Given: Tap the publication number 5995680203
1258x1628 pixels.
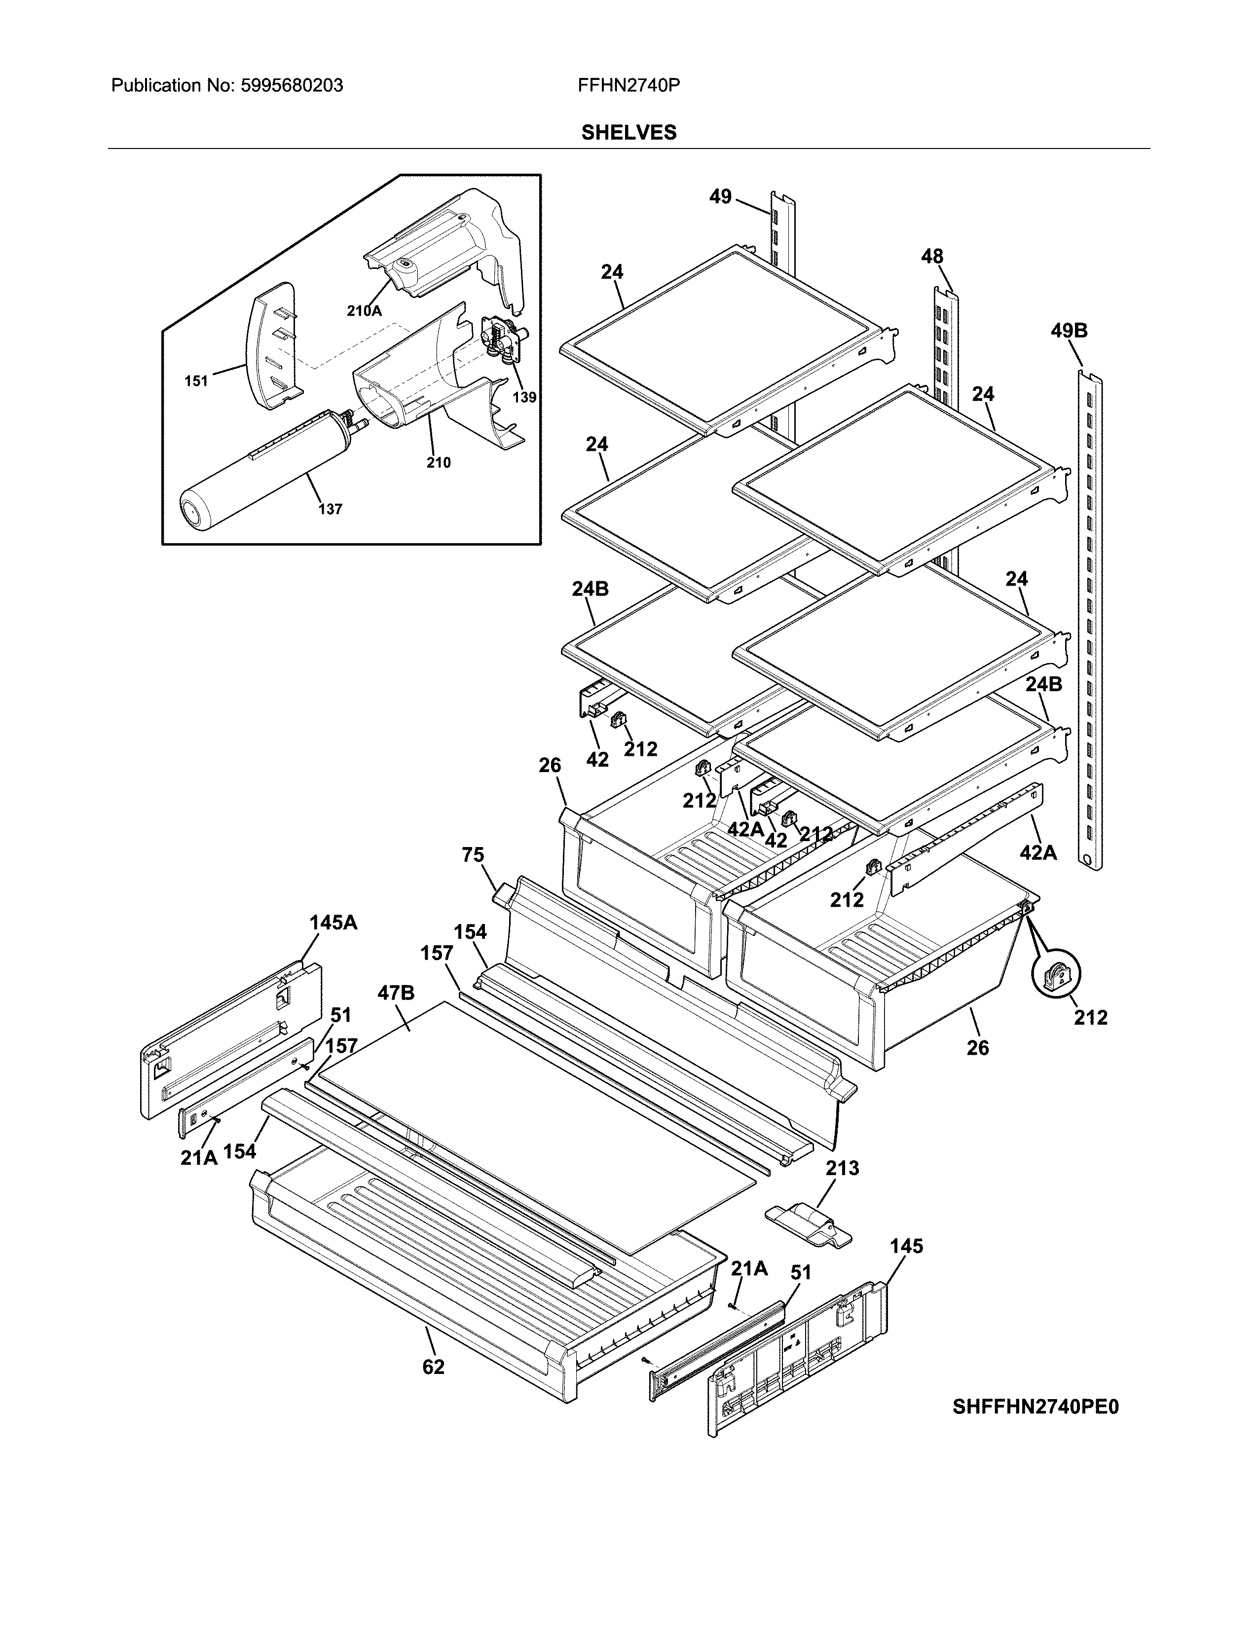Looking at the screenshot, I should tap(292, 86).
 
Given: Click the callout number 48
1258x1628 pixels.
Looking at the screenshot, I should tap(931, 257).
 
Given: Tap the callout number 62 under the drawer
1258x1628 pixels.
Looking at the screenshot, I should tap(433, 1367).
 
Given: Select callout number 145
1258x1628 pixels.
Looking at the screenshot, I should tap(906, 1246).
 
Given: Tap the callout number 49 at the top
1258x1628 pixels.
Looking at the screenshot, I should tap(720, 197).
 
